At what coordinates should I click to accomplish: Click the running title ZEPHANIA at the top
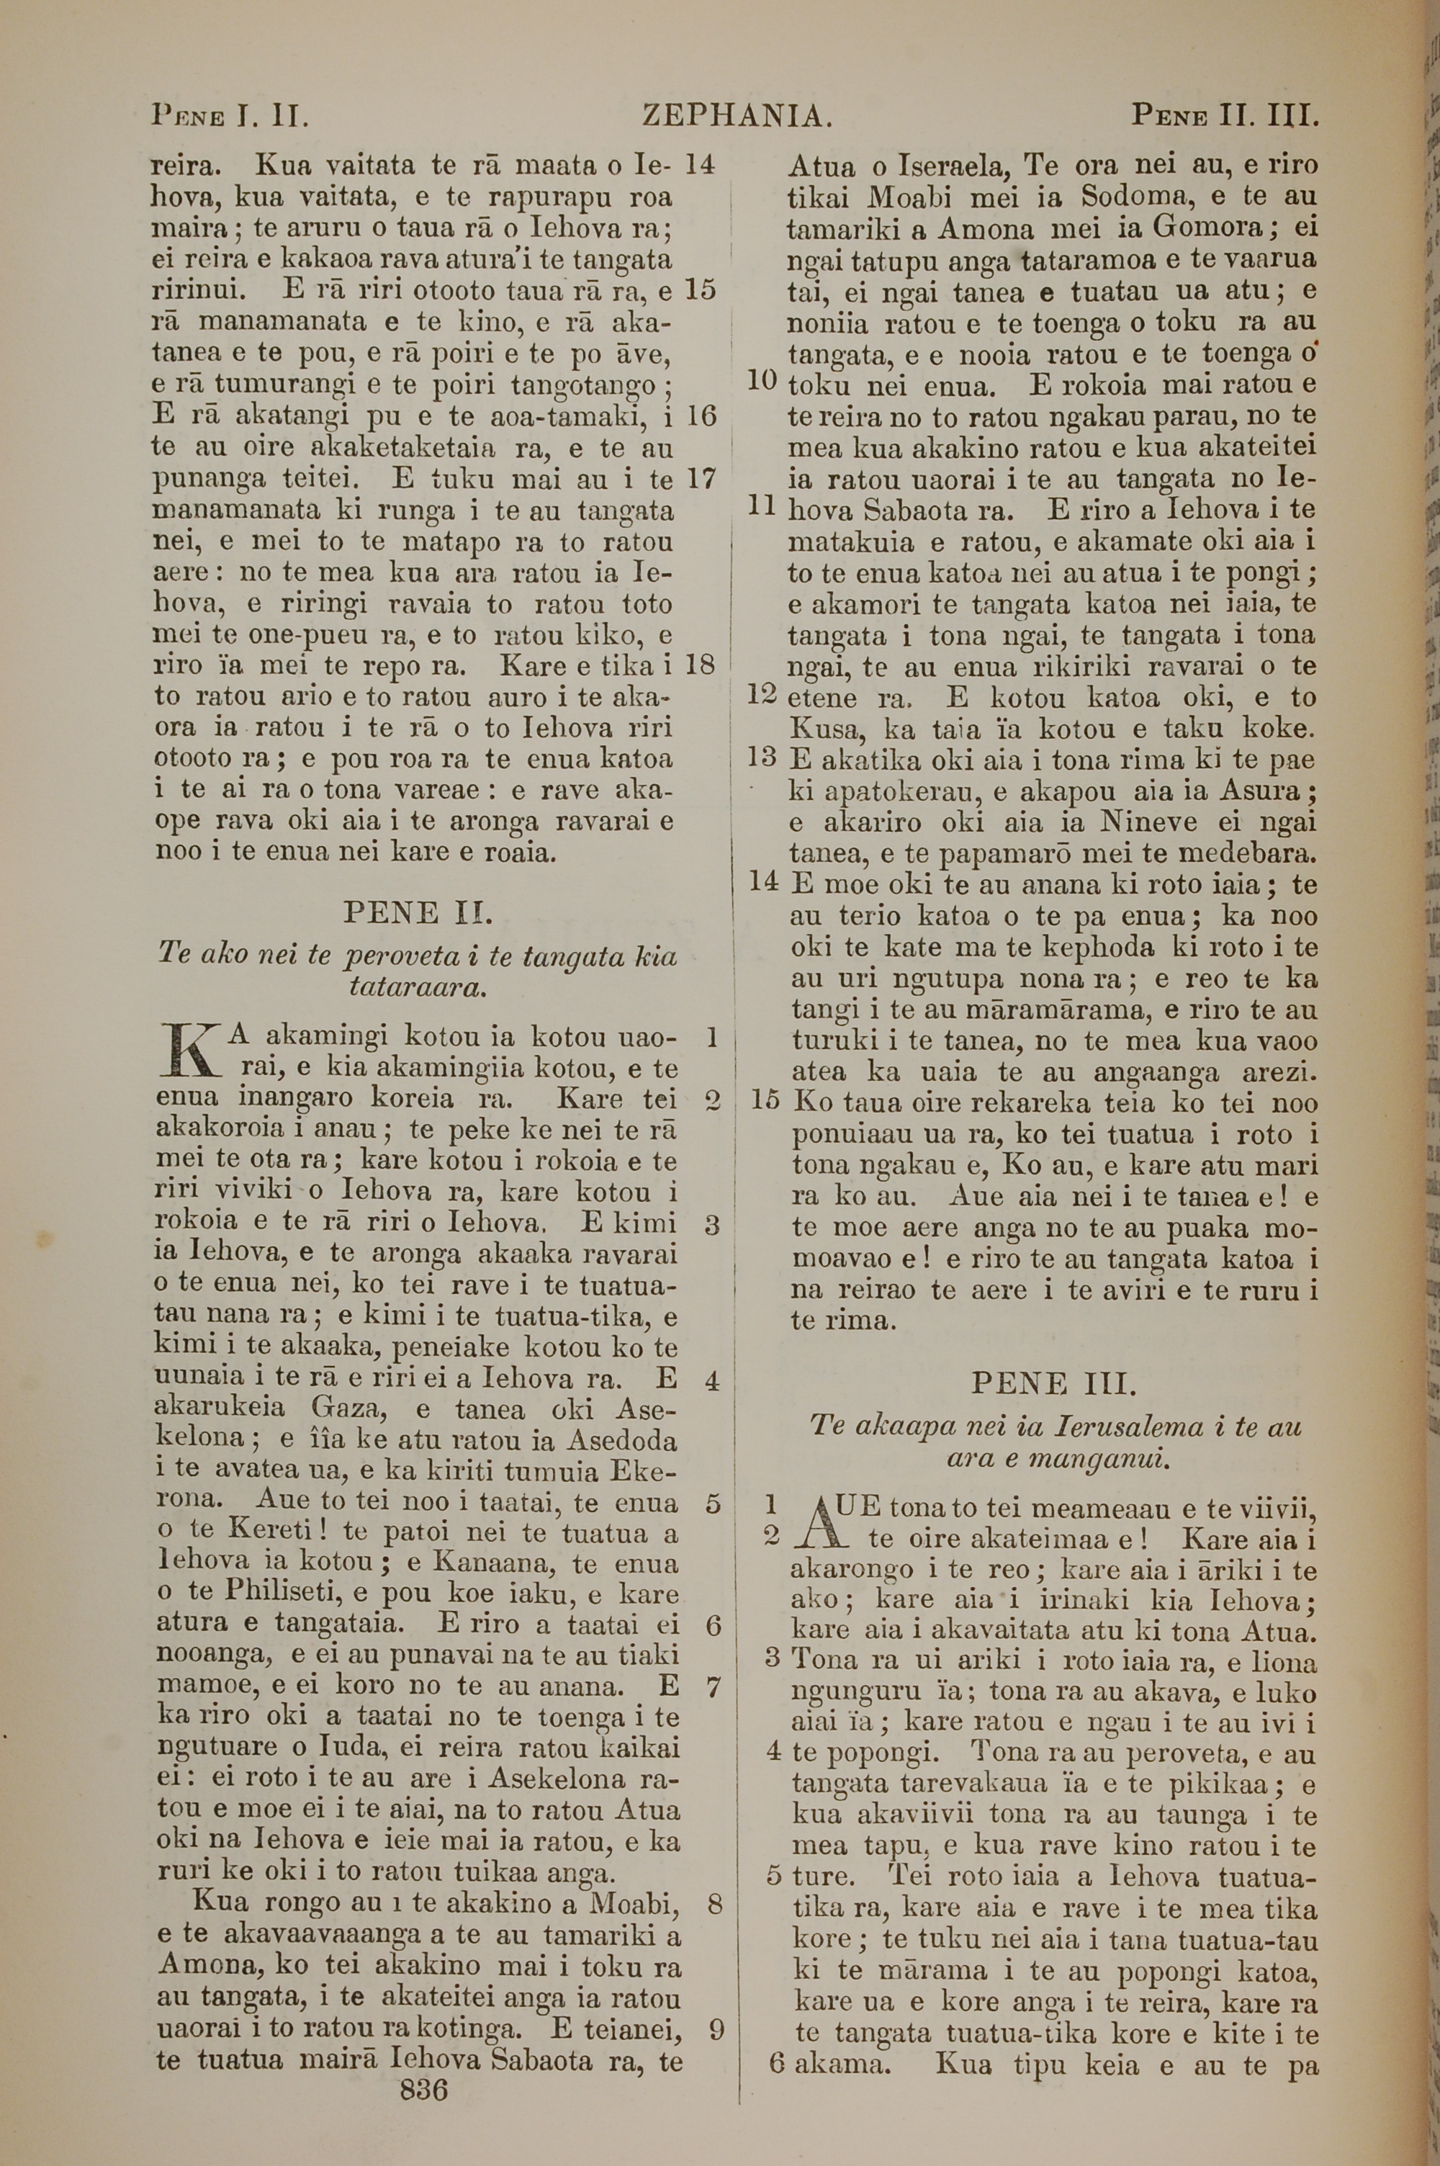click(x=737, y=117)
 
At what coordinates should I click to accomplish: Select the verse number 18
click(x=700, y=665)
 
